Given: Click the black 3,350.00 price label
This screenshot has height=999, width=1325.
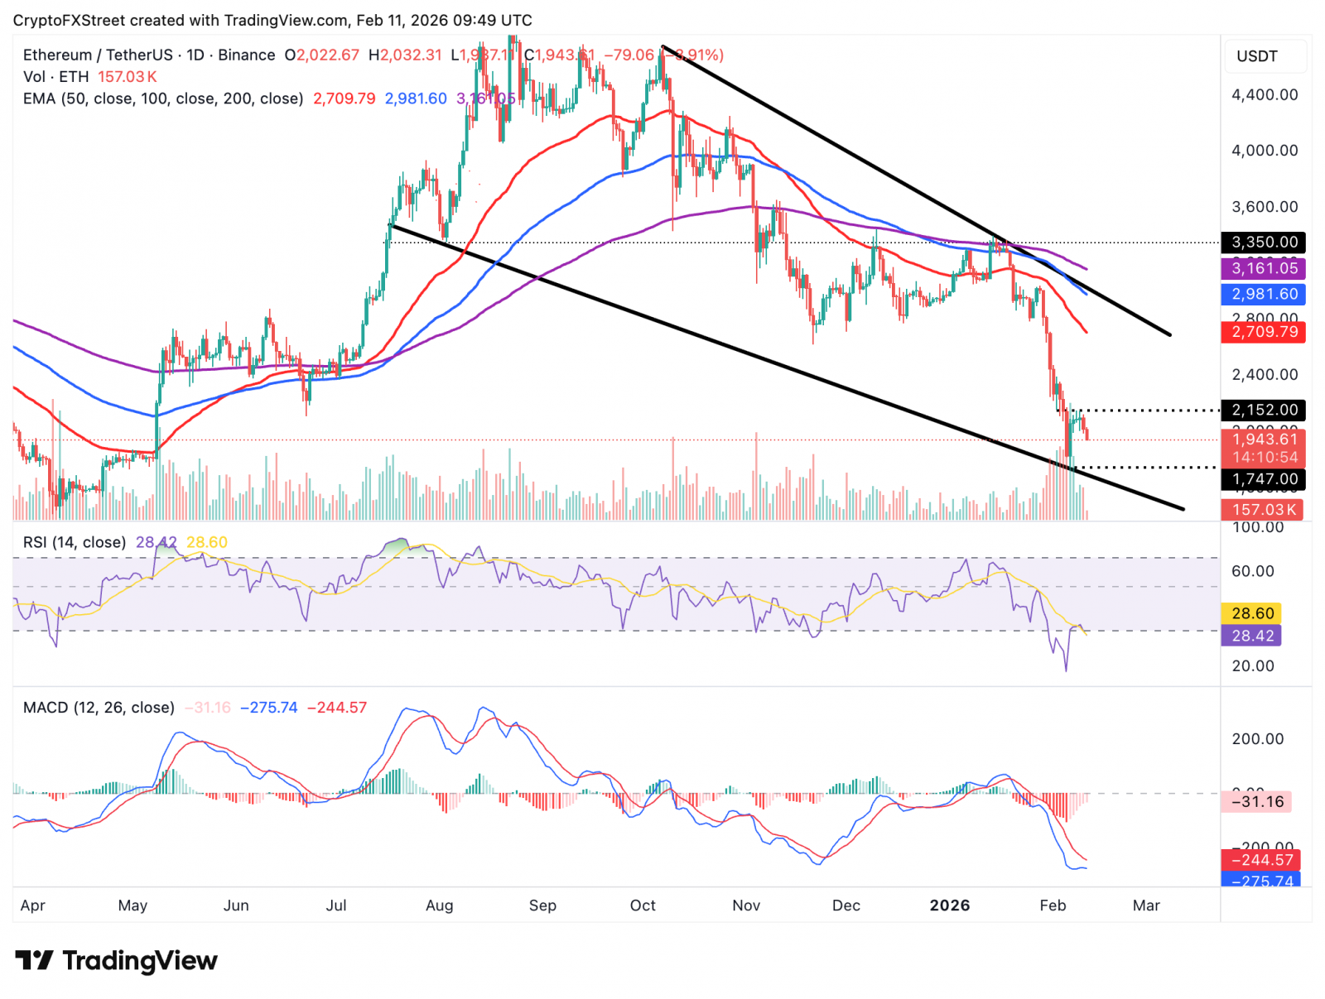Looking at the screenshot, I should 1264,243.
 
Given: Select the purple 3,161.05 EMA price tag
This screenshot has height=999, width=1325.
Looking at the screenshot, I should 1264,268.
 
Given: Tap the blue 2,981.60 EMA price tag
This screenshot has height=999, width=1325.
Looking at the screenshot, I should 1264,295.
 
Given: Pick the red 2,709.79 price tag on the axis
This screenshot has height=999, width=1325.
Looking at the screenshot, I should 1264,332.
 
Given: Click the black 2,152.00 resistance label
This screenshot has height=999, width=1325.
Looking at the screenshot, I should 1264,410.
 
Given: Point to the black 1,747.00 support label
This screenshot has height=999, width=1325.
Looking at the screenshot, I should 1264,479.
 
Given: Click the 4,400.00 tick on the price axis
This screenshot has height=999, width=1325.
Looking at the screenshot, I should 1264,94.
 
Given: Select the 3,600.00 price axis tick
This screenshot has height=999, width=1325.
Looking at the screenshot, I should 1264,207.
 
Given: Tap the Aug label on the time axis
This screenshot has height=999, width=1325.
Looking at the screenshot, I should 439,905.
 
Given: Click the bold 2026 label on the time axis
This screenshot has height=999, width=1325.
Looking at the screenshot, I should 949,905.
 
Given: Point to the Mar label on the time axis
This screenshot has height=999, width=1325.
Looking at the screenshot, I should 1146,905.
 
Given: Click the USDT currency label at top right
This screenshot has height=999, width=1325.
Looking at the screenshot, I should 1257,56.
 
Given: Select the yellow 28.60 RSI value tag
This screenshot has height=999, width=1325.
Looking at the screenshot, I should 1252,613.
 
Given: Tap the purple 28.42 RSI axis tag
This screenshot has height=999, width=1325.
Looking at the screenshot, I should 1252,636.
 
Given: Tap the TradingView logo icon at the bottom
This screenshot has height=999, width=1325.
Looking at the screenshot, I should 34,961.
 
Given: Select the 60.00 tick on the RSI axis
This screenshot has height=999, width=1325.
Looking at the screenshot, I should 1252,571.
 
